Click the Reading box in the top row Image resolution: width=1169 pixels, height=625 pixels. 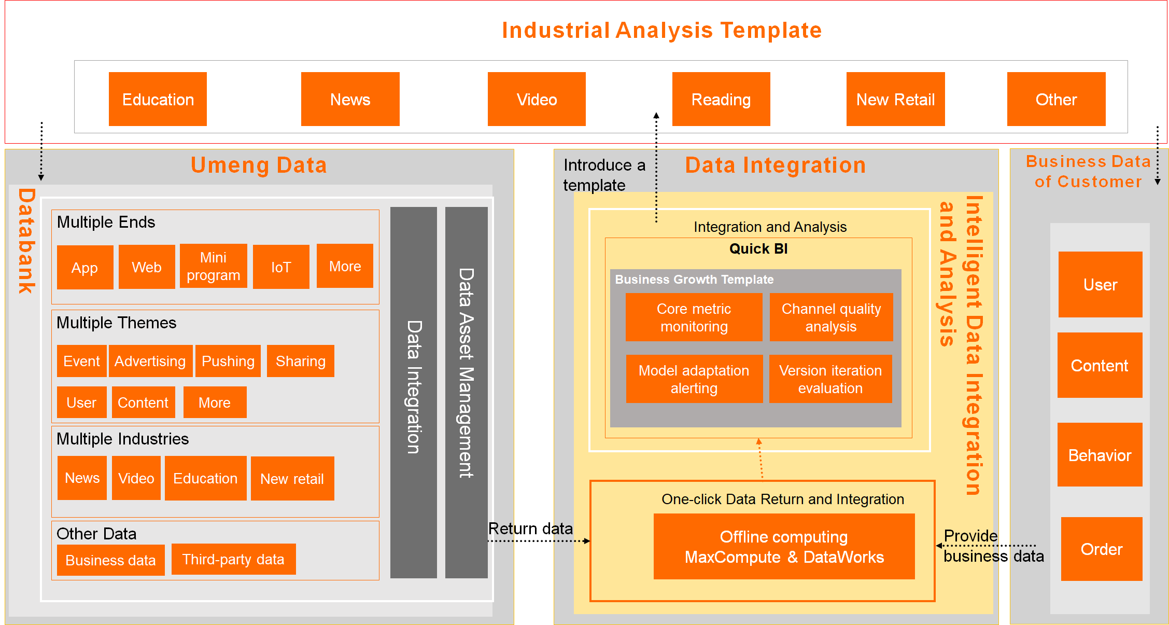pos(721,99)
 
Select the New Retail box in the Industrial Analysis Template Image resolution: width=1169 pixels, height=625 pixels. pos(895,99)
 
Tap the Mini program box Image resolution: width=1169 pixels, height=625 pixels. pos(213,266)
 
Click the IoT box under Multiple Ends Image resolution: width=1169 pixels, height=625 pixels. pos(281,267)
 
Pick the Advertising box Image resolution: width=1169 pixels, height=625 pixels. pos(150,361)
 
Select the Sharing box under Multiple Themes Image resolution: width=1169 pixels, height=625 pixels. pos(300,361)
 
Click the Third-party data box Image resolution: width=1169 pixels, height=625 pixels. pos(233,559)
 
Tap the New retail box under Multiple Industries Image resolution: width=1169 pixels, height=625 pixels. pos(292,478)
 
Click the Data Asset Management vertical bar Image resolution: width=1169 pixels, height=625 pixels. pos(466,393)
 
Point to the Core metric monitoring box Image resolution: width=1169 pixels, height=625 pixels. pos(694,317)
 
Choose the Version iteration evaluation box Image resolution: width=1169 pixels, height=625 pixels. pos(830,379)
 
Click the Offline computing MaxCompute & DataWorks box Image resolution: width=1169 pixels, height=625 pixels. pos(784,547)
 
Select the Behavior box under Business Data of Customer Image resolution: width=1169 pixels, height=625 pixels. pos(1100,455)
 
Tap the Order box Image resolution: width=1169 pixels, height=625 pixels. pos(1101,549)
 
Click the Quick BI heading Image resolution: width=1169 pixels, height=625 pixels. pos(758,249)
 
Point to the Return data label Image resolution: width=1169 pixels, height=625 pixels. pos(530,529)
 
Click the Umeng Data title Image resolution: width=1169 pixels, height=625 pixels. pos(259,165)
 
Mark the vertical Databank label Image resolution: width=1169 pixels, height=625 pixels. pos(26,241)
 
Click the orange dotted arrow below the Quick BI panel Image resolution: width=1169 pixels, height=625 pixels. pos(760,459)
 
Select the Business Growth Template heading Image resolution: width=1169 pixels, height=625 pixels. pos(694,280)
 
